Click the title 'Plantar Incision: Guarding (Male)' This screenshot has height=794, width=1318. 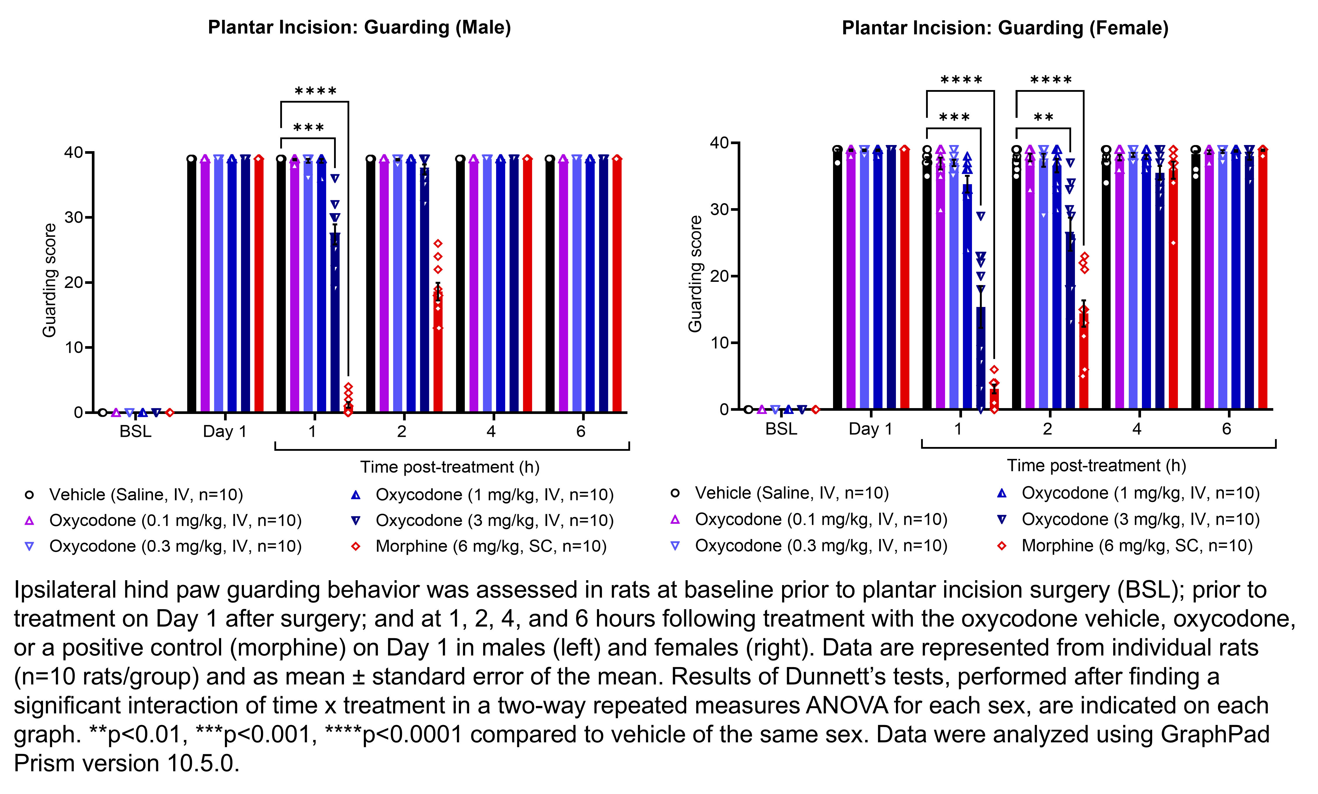[359, 27]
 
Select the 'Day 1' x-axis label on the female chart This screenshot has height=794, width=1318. [870, 429]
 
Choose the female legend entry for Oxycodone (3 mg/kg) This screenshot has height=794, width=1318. [1140, 519]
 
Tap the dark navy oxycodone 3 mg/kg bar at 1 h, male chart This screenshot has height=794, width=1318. [335, 321]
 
